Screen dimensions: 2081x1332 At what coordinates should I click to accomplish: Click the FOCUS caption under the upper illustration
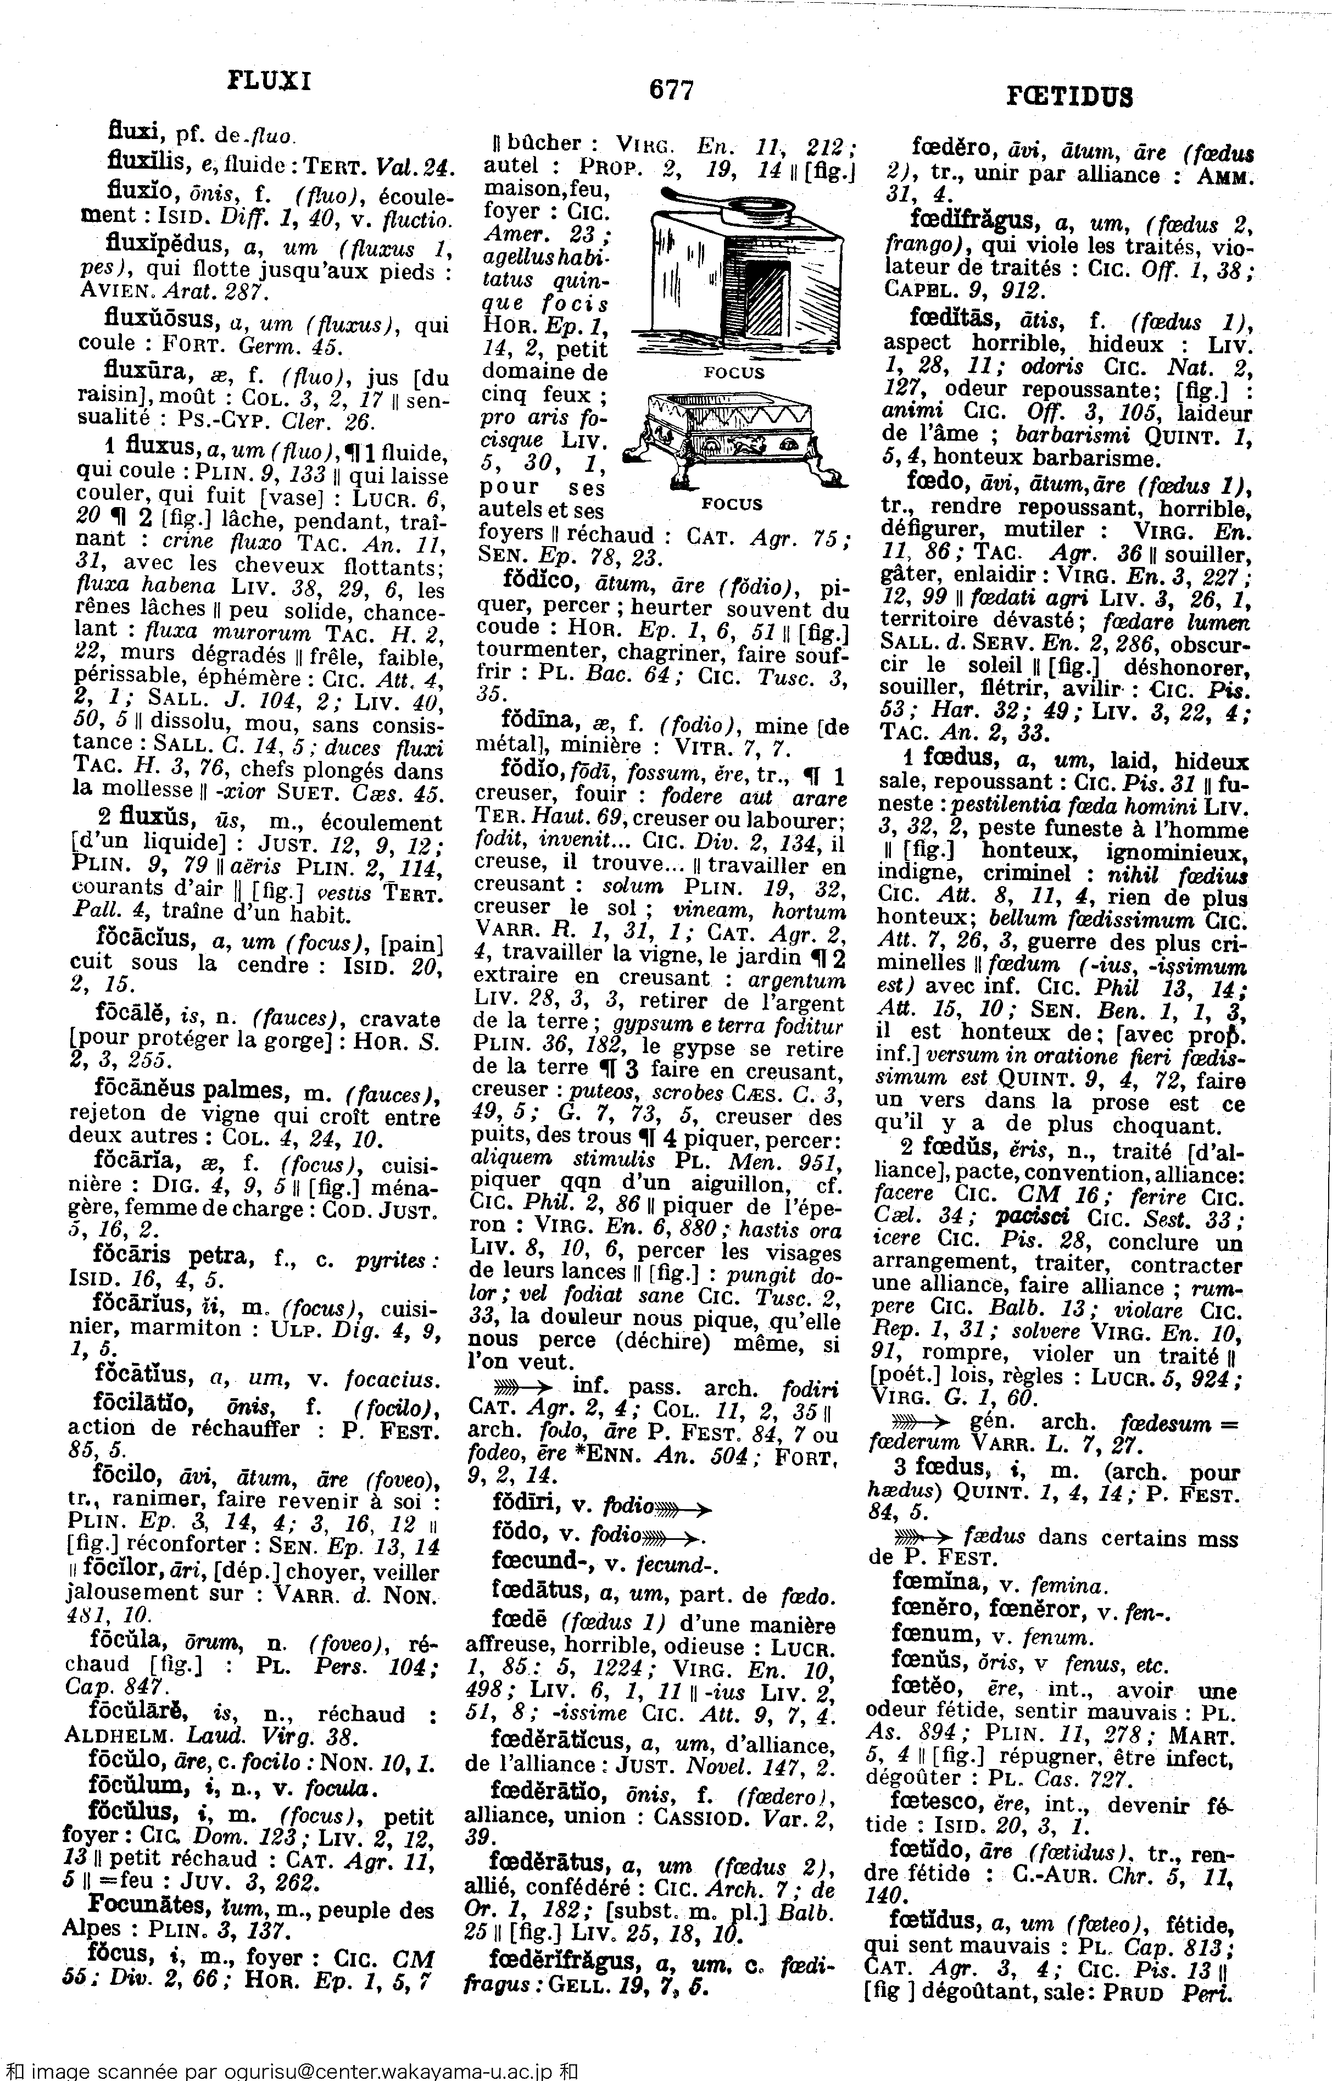click(x=734, y=373)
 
